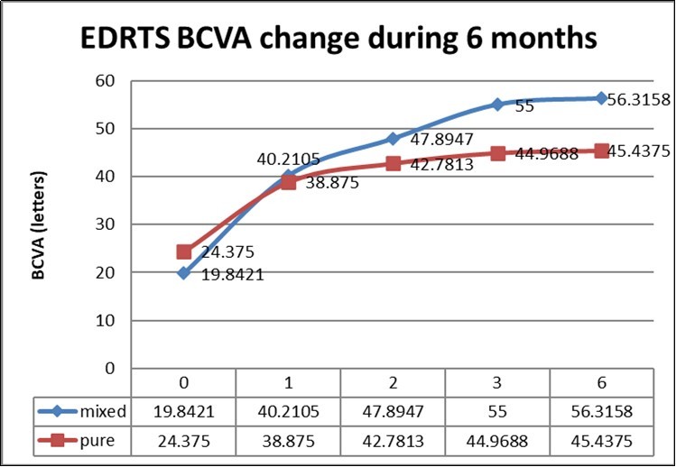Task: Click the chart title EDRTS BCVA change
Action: pyautogui.click(x=338, y=40)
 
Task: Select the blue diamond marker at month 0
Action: pyautogui.click(x=183, y=272)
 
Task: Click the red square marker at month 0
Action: pyautogui.click(x=183, y=252)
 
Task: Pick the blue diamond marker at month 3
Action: pyautogui.click(x=497, y=105)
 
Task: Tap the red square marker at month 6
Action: pyautogui.click(x=601, y=151)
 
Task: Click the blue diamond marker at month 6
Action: pyautogui.click(x=601, y=98)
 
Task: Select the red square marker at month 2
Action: pyautogui.click(x=393, y=163)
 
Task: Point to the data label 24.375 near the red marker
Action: pyautogui.click(x=221, y=253)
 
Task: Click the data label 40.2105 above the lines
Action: pyautogui.click(x=273, y=159)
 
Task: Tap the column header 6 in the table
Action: pyautogui.click(x=601, y=381)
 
